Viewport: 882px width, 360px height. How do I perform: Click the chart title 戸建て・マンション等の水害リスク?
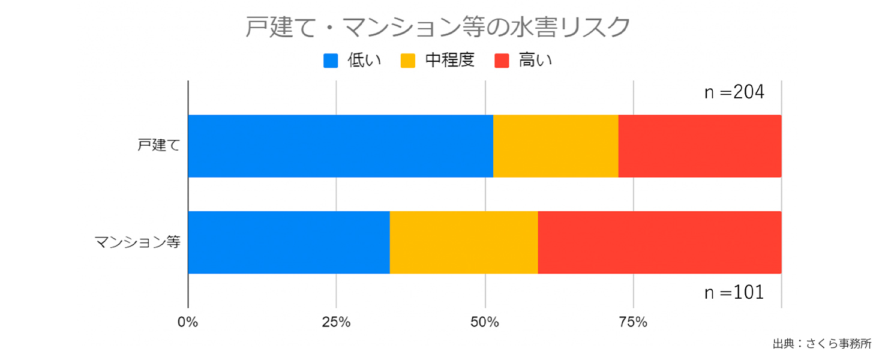(x=438, y=27)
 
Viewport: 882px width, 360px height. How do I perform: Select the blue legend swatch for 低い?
(x=331, y=61)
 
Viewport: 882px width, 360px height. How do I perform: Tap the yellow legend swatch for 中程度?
(x=408, y=61)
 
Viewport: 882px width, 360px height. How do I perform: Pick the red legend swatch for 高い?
(x=502, y=61)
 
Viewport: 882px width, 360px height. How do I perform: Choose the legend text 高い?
(x=535, y=61)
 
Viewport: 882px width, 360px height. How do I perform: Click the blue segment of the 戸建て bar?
(x=340, y=146)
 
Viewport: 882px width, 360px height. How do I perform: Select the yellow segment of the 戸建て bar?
(x=556, y=146)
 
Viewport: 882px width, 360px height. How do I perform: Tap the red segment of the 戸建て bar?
(x=700, y=146)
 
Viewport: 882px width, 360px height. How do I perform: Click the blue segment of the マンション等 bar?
(x=289, y=242)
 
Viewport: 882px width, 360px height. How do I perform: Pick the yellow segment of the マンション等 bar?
(x=464, y=242)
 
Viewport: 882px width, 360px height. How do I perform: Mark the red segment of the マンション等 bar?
(x=659, y=242)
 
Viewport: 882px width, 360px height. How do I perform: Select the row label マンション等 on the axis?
(x=137, y=242)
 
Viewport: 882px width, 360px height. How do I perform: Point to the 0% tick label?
(x=188, y=322)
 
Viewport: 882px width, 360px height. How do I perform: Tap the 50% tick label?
(x=485, y=322)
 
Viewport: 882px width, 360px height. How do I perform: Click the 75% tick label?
(x=633, y=322)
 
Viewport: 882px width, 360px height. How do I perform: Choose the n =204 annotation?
(x=734, y=93)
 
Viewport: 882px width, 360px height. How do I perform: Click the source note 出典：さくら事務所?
(x=821, y=344)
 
